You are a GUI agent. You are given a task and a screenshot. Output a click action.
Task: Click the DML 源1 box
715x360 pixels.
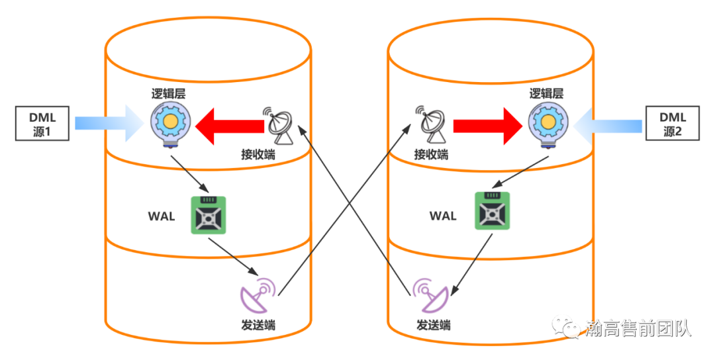43,124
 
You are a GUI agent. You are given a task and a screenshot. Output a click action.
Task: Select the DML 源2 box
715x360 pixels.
672,124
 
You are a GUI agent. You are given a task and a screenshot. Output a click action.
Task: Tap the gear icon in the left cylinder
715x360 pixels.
171,123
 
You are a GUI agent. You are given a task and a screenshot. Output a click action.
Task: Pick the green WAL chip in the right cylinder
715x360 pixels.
493,211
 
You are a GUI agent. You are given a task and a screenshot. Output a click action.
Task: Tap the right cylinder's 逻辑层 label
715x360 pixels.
546,93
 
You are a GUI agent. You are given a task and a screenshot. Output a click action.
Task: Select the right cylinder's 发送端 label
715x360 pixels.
433,326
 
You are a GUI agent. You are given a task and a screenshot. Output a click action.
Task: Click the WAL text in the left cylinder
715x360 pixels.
162,216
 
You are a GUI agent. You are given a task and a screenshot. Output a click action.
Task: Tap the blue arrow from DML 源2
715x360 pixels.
609,124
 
